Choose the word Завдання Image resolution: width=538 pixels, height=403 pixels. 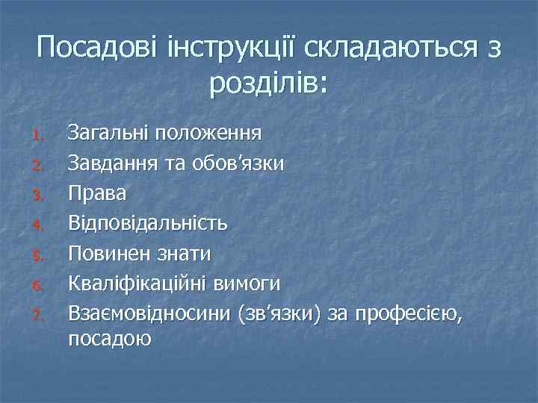tap(111, 163)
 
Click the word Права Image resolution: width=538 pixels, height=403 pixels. tap(97, 193)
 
